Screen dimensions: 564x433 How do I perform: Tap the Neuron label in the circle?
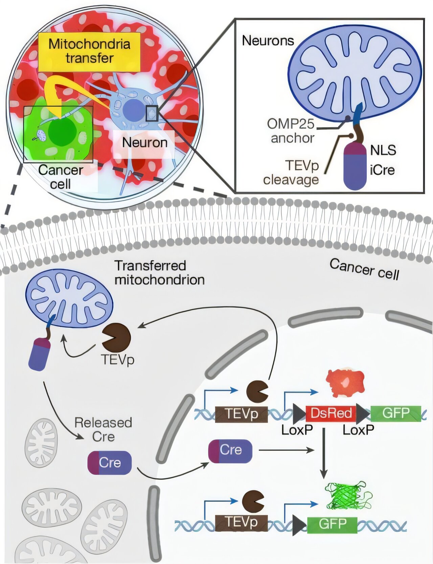pos(144,143)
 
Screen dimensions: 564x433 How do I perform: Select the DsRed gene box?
pos(331,413)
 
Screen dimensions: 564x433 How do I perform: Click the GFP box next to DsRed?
pos(395,413)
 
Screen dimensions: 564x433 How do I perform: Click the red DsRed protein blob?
pos(345,383)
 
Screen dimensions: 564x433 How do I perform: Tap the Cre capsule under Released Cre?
pos(109,462)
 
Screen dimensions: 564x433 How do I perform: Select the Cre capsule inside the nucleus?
pos(230,451)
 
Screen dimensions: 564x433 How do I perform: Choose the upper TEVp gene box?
pos(241,414)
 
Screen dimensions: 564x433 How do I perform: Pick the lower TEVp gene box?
pos(241,523)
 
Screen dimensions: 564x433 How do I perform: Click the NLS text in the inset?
pos(383,150)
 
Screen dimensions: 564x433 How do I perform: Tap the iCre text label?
pos(382,170)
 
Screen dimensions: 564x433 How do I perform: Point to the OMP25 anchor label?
pos(291,131)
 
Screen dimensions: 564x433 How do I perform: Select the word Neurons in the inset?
pos(268,41)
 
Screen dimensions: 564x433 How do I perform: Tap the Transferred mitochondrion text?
pos(159,273)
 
